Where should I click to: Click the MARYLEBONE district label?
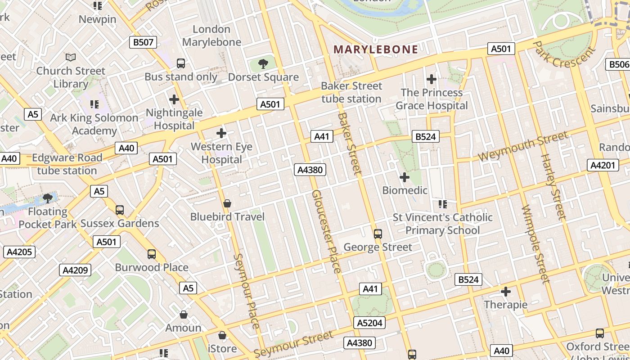tap(376, 49)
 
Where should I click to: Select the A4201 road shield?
tap(603, 165)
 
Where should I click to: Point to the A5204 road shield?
tap(370, 323)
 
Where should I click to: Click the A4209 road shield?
tap(75, 270)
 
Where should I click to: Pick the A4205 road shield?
tap(19, 252)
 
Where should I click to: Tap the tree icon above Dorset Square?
tap(263, 64)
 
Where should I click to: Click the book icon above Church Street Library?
tap(71, 57)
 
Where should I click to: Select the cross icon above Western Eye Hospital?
tap(221, 133)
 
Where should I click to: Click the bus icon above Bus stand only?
tap(181, 63)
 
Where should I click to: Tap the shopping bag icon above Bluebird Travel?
tap(227, 204)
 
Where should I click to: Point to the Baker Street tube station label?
tap(351, 92)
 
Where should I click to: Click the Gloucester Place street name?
tap(326, 231)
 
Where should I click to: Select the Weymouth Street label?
tap(522, 147)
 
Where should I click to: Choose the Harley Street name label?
tap(553, 187)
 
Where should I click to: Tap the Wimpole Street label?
tap(536, 244)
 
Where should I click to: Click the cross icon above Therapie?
tap(506, 292)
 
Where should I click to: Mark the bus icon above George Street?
tap(378, 234)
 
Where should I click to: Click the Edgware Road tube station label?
tap(67, 164)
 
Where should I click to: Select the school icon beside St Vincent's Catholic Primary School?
tap(443, 204)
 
